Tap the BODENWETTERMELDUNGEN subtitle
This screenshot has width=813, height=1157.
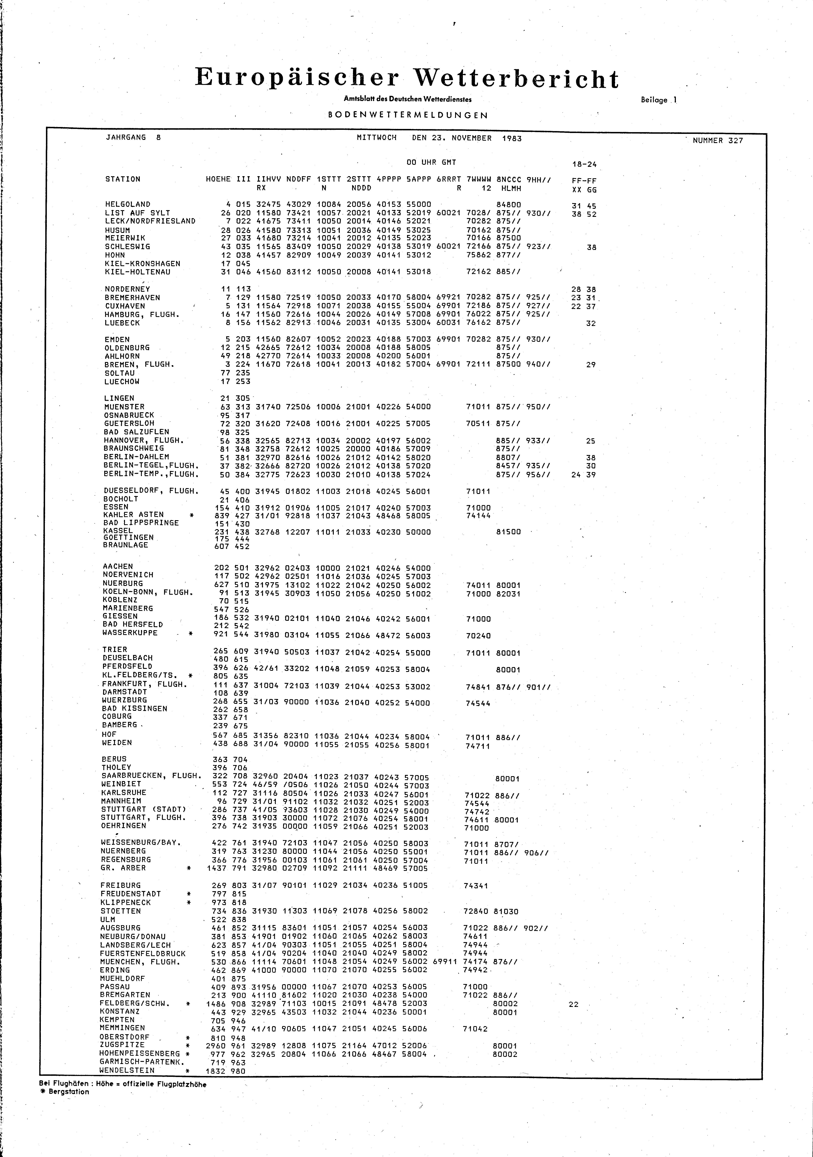click(408, 115)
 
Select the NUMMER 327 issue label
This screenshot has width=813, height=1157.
click(717, 141)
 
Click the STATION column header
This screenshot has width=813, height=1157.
click(122, 179)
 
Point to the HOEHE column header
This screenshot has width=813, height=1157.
click(218, 179)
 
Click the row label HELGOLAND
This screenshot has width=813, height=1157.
click(127, 204)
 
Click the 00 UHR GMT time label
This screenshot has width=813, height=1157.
click(431, 162)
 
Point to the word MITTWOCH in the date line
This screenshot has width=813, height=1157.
click(376, 138)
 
